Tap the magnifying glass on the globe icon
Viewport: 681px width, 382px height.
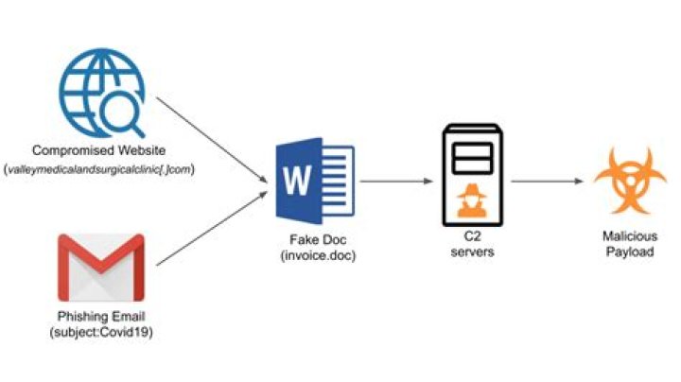121,114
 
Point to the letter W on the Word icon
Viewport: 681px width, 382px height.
296,179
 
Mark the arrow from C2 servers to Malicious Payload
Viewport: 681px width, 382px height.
547,181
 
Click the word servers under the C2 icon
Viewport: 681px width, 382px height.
473,254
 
